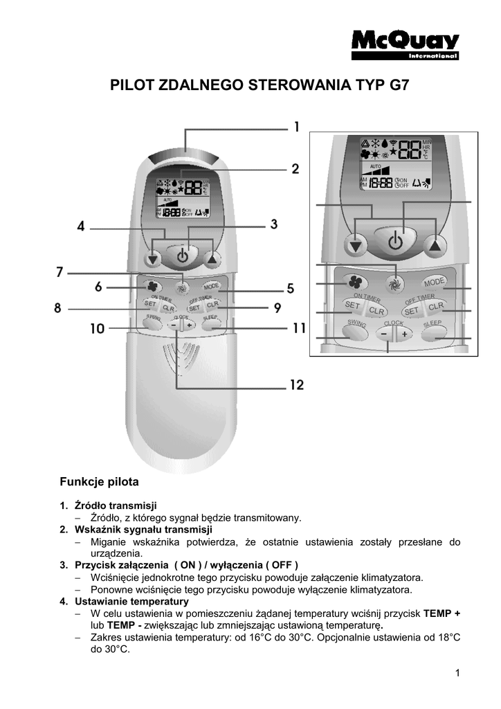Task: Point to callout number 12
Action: pyautogui.click(x=295, y=385)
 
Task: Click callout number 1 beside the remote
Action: pyautogui.click(x=295, y=127)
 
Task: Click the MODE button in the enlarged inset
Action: pyautogui.click(x=434, y=282)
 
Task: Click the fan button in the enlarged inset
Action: pyautogui.click(x=355, y=281)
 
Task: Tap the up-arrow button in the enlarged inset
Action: pyautogui.click(x=434, y=244)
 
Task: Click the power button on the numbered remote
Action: pyautogui.click(x=181, y=255)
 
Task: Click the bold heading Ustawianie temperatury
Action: pyautogui.click(x=131, y=601)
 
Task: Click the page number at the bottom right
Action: pyautogui.click(x=457, y=673)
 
